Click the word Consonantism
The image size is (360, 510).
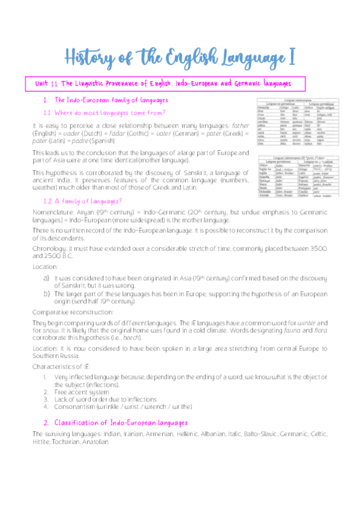[74, 406]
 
